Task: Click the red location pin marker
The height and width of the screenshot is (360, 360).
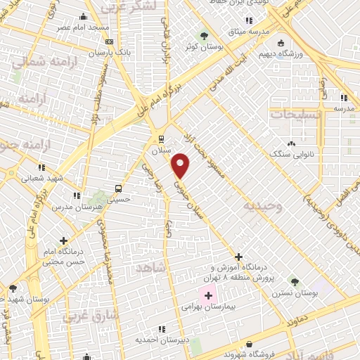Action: click(181, 165)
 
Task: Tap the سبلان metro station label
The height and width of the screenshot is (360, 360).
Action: click(162, 150)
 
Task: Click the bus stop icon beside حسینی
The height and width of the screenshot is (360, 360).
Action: click(118, 188)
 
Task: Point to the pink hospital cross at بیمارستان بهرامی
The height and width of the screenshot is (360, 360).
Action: click(208, 296)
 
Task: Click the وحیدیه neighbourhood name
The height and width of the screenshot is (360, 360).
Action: click(263, 206)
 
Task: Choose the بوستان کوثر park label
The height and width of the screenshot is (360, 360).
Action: click(200, 46)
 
